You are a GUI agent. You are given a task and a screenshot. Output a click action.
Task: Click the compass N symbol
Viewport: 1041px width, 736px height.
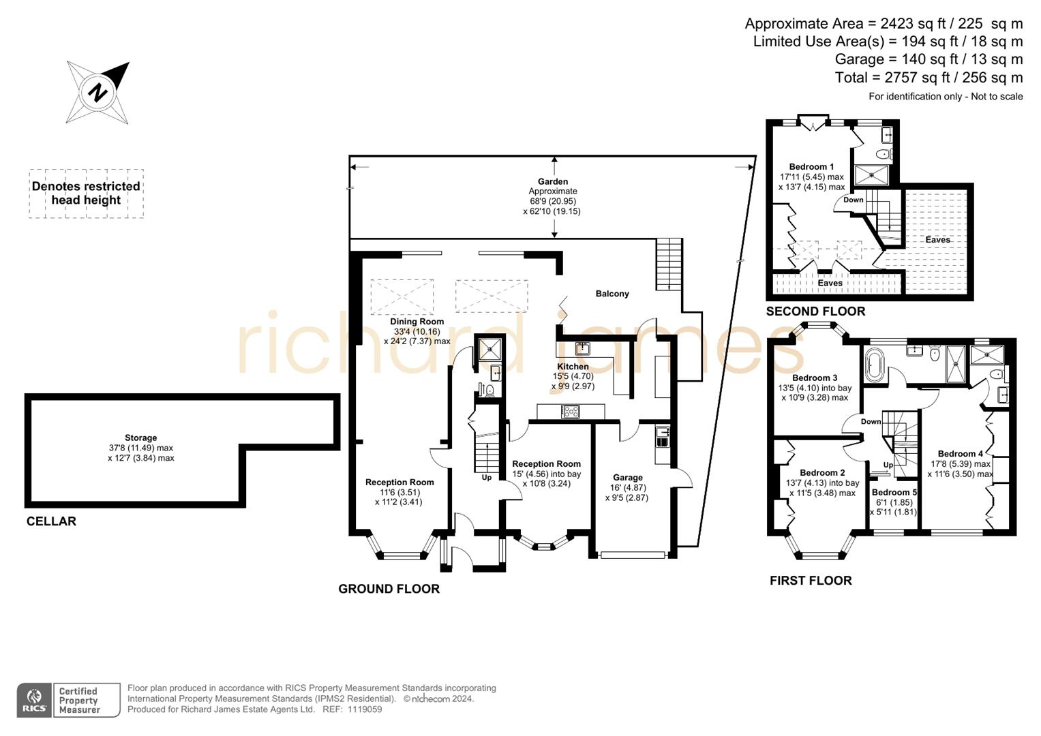pyautogui.click(x=98, y=92)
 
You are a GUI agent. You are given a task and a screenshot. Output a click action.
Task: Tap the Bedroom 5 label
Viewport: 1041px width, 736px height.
pyautogui.click(x=894, y=492)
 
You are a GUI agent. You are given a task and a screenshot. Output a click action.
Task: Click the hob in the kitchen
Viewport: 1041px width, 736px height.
pyautogui.click(x=570, y=412)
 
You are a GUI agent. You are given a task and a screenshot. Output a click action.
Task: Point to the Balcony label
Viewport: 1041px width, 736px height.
pyautogui.click(x=612, y=294)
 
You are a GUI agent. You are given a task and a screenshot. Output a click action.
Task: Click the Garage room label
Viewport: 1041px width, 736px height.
pyautogui.click(x=627, y=478)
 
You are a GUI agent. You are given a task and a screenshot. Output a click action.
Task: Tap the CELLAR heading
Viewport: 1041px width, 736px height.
pyautogui.click(x=51, y=521)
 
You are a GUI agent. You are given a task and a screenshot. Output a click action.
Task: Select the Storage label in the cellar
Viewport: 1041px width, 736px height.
pyautogui.click(x=140, y=438)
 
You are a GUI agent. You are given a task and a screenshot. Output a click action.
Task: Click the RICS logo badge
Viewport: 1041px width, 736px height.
pyautogui.click(x=34, y=701)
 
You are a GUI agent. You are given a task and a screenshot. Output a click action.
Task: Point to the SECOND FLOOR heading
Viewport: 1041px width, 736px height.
pyautogui.click(x=815, y=311)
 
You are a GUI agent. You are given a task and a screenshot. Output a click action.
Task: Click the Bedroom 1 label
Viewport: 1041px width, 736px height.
pyautogui.click(x=811, y=167)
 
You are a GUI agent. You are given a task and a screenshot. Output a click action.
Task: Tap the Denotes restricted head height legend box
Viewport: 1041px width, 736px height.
pyautogui.click(x=86, y=194)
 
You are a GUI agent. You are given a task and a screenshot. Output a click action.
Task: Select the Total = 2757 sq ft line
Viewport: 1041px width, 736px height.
pyautogui.click(x=929, y=78)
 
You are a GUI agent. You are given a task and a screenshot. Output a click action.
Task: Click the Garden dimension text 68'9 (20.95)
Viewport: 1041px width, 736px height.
pyautogui.click(x=553, y=201)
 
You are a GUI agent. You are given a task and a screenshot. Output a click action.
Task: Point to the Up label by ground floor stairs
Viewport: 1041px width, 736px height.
pyautogui.click(x=487, y=478)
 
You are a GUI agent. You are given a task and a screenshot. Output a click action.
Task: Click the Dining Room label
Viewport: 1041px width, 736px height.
pyautogui.click(x=417, y=322)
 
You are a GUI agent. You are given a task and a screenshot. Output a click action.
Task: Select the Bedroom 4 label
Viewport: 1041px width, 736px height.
pyautogui.click(x=960, y=454)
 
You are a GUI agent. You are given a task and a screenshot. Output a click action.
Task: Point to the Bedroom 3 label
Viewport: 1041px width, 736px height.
pyautogui.click(x=815, y=378)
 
